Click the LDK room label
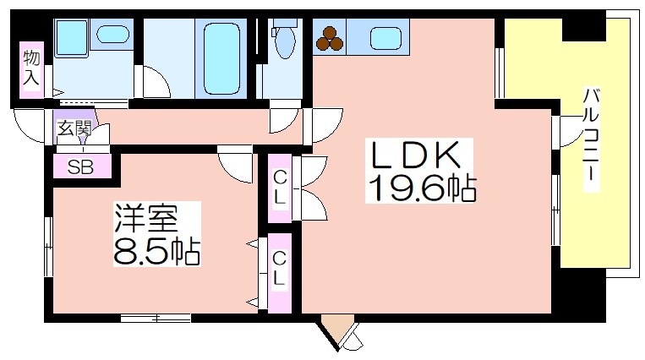(x=415, y=155)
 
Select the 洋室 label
(x=146, y=218)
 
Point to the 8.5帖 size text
(x=156, y=252)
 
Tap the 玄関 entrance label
(x=74, y=128)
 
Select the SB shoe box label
(x=80, y=167)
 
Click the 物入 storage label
(x=31, y=68)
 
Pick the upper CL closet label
(x=280, y=188)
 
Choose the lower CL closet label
(x=279, y=269)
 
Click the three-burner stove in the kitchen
(x=330, y=38)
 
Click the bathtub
(x=221, y=58)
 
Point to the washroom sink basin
(x=113, y=34)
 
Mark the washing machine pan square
(x=71, y=38)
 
